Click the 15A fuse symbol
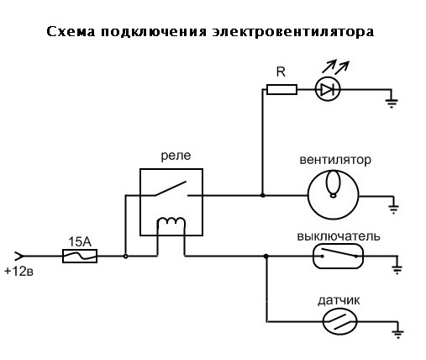pyautogui.click(x=80, y=256)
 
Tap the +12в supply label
pyautogui.click(x=18, y=271)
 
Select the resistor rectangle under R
pyautogui.click(x=281, y=90)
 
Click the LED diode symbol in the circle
pyautogui.click(x=328, y=90)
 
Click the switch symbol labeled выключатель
pyautogui.click(x=338, y=257)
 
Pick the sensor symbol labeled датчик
pyautogui.click(x=339, y=321)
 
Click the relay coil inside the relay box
pyautogui.click(x=171, y=221)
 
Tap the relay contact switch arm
pyautogui.click(x=171, y=188)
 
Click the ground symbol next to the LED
pyautogui.click(x=392, y=103)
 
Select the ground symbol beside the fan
pyautogui.click(x=393, y=209)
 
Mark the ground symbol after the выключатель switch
pyautogui.click(x=397, y=269)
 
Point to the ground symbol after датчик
pyautogui.click(x=398, y=334)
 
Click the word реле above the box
pyautogui.click(x=176, y=156)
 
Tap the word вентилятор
pyautogui.click(x=335, y=160)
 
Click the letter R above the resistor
pyautogui.click(x=281, y=72)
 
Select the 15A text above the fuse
pyautogui.click(x=80, y=242)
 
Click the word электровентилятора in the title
pyautogui.click(x=293, y=32)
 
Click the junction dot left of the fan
pyautogui.click(x=263, y=195)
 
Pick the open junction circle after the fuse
pyautogui.click(x=126, y=257)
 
